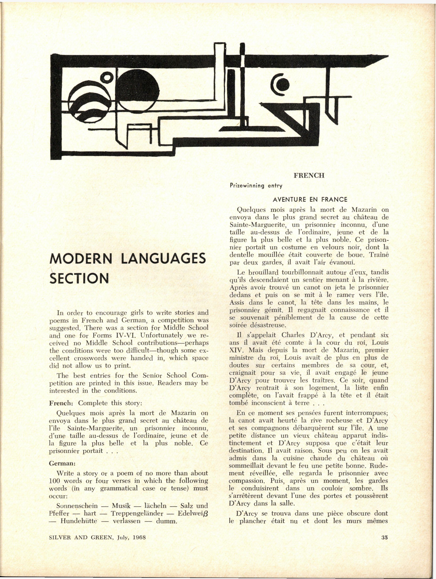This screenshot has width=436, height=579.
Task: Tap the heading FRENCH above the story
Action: pos(309,175)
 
